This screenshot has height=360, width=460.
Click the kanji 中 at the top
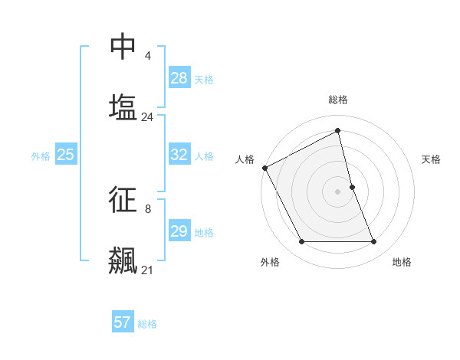tap(123, 47)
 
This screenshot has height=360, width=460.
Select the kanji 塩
tap(123, 106)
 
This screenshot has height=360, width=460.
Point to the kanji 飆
tap(123, 260)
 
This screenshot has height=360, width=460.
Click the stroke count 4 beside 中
tap(147, 56)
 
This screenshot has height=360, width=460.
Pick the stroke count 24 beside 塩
tap(147, 117)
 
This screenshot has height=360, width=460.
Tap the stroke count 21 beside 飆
tap(147, 270)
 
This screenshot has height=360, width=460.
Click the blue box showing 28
tap(179, 78)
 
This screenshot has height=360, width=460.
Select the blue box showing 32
tap(179, 155)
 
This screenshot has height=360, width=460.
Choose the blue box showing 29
tap(179, 231)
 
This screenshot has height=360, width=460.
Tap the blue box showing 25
tap(65, 155)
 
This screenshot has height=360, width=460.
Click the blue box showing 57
tap(123, 322)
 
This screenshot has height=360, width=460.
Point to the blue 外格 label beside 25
tap(41, 155)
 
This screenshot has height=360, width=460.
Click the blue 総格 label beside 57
tap(147, 324)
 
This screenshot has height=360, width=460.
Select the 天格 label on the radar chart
tap(431, 159)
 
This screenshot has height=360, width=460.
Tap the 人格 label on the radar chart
tap(245, 159)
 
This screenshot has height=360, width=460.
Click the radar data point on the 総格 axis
tap(338, 131)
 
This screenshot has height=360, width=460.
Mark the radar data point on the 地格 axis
tap(374, 242)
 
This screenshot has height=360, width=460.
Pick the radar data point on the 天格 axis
tap(352, 186)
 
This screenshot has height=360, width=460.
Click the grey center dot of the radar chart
tap(338, 191)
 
